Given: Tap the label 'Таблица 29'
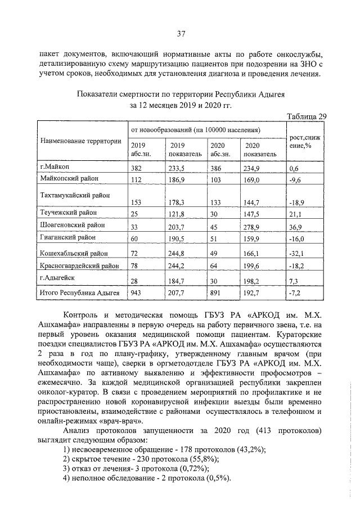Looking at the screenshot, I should tap(307, 116).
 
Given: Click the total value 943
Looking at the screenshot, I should tap(136, 294).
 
